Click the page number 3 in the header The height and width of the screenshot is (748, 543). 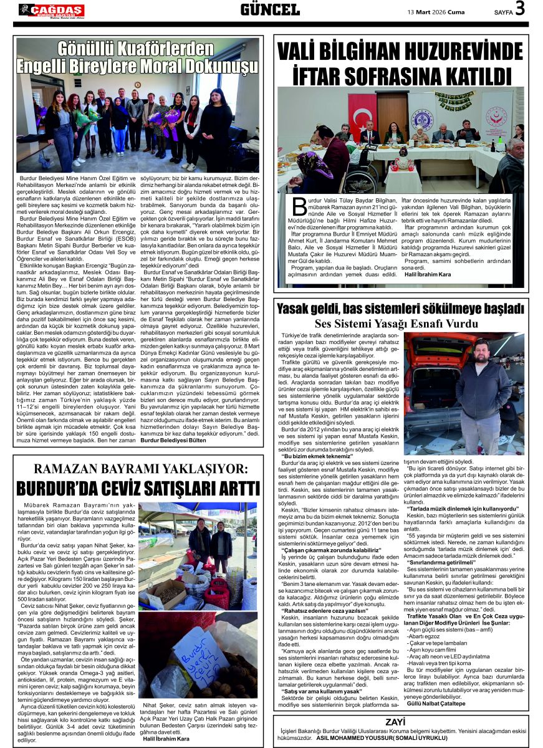point(521,9)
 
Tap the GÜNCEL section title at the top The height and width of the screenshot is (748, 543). point(270,10)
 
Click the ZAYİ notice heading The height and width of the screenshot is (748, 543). point(395,722)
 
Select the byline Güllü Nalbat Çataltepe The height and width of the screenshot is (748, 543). point(436,703)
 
